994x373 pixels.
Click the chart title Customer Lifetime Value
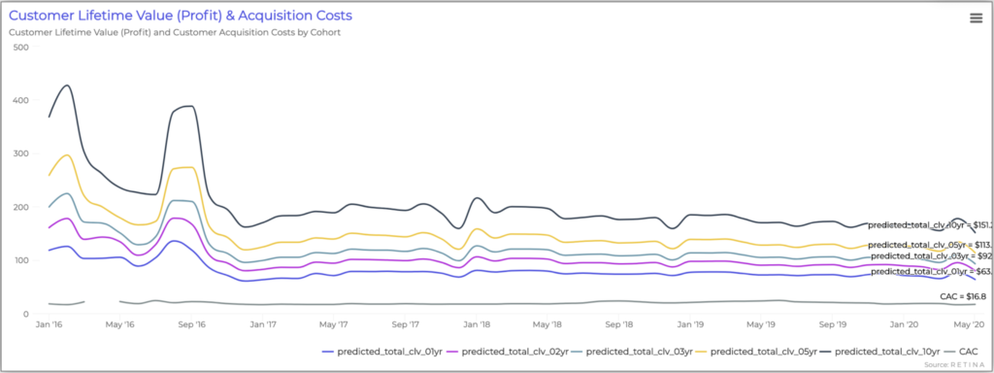pyautogui.click(x=181, y=16)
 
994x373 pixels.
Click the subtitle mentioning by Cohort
pyautogui.click(x=175, y=32)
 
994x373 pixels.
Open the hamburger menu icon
pyautogui.click(x=976, y=17)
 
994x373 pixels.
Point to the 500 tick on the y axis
pyautogui.click(x=19, y=47)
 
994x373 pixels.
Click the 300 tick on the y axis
pyautogui.click(x=19, y=153)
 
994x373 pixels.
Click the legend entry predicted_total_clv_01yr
pyautogui.click(x=387, y=350)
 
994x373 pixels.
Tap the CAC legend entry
pyautogui.click(x=965, y=350)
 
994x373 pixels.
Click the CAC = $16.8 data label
pyautogui.click(x=963, y=295)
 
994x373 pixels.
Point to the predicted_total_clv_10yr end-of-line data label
pyautogui.click(x=928, y=224)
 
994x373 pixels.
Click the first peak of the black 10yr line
pyautogui.click(x=66, y=85)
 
